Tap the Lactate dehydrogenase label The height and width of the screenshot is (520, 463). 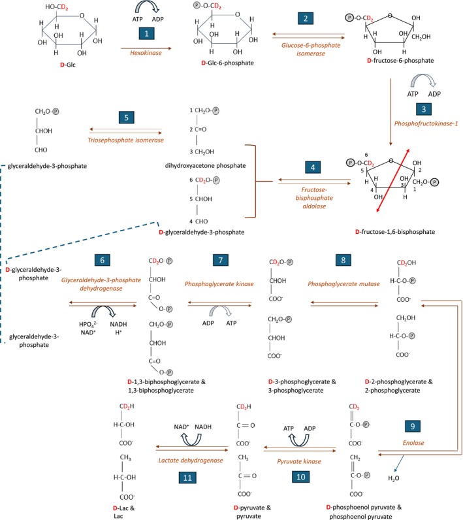click(187, 442)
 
